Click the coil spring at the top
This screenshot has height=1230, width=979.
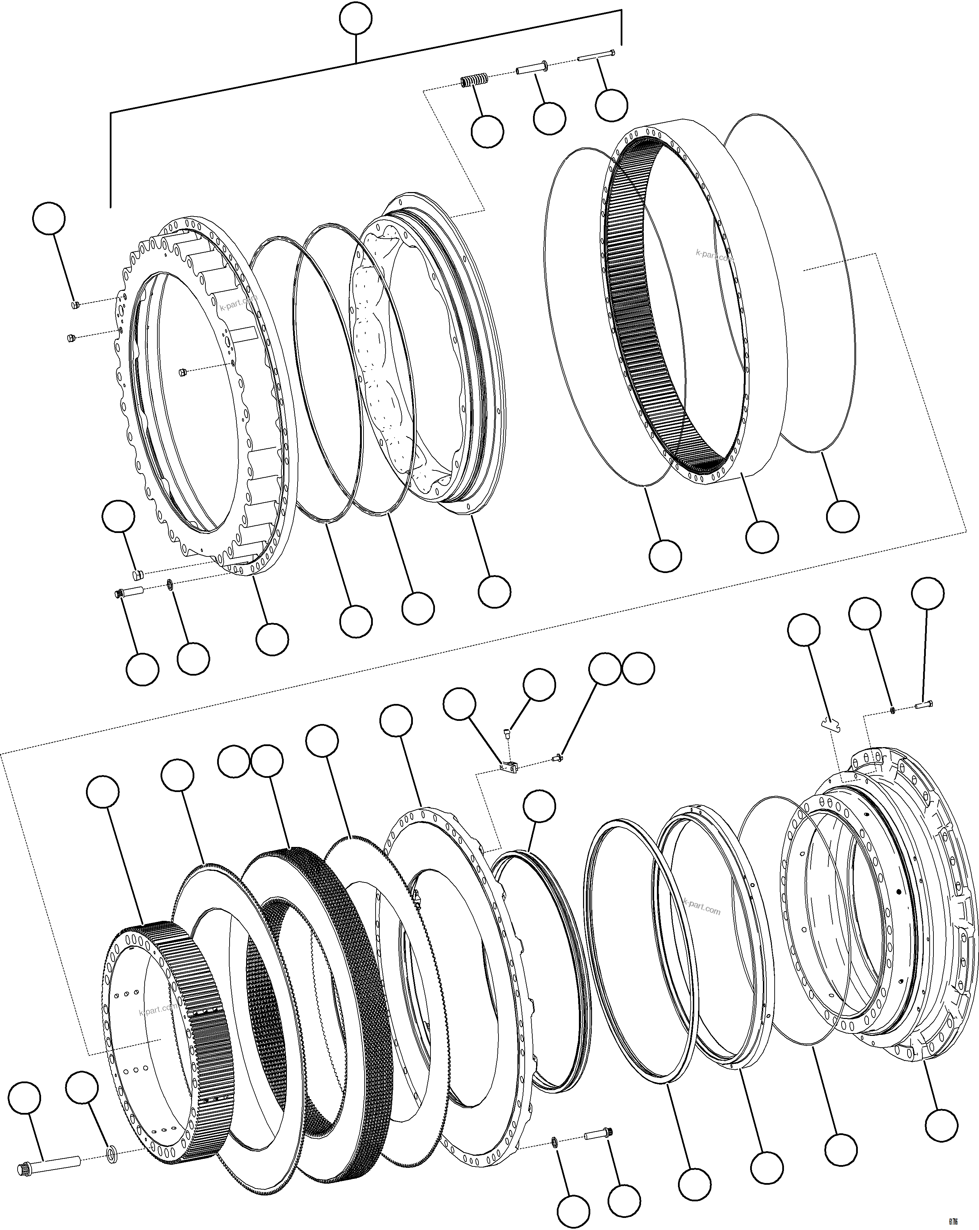(473, 82)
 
